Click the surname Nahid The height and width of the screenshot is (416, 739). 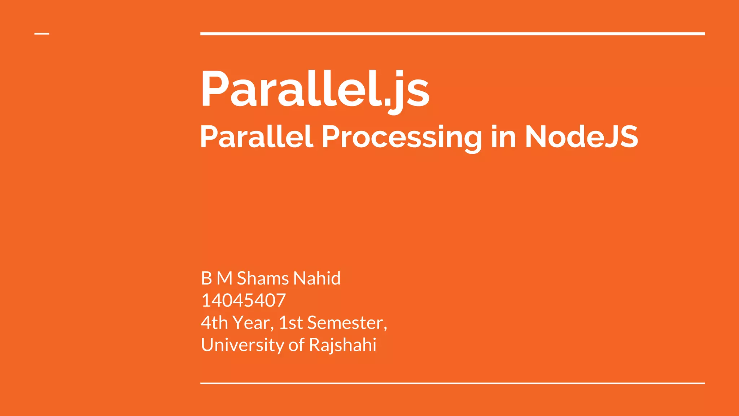pyautogui.click(x=317, y=278)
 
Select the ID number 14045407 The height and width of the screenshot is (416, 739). pyautogui.click(x=244, y=300)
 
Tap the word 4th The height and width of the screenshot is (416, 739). pyautogui.click(x=214, y=322)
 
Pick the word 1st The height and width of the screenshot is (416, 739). pyautogui.click(x=291, y=322)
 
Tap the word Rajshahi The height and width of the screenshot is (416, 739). pyautogui.click(x=342, y=345)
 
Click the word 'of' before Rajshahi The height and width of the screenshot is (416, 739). pyautogui.click(x=296, y=345)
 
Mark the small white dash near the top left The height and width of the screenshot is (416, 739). pyautogui.click(x=42, y=34)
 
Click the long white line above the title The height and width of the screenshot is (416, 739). pyautogui.click(x=452, y=34)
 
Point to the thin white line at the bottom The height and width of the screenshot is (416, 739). pyautogui.click(x=452, y=383)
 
